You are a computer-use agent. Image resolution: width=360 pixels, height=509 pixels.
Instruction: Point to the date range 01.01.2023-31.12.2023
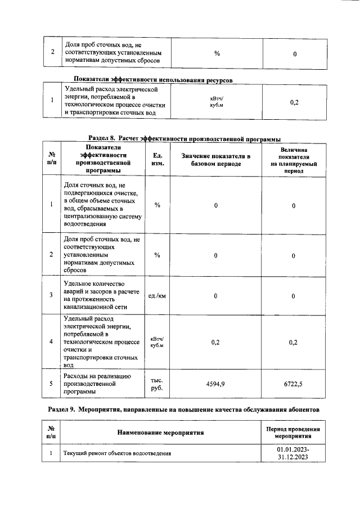coord(292,453)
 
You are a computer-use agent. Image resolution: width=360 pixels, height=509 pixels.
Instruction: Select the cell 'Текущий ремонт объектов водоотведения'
coord(117,453)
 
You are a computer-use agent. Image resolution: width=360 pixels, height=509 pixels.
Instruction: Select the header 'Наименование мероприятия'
coord(160,433)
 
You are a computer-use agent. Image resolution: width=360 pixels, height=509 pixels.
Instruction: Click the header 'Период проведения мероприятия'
coord(292,433)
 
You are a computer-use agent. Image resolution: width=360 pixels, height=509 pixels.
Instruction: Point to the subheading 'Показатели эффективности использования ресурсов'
coord(153,79)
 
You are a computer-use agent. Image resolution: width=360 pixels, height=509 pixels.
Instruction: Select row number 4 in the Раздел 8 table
coord(51,341)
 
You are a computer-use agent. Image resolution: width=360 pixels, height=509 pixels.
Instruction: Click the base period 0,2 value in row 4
coord(215,341)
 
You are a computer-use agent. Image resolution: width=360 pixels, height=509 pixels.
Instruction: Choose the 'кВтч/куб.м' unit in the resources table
coord(217,101)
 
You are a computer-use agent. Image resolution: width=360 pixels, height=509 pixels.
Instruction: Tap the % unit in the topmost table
coord(217,53)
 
